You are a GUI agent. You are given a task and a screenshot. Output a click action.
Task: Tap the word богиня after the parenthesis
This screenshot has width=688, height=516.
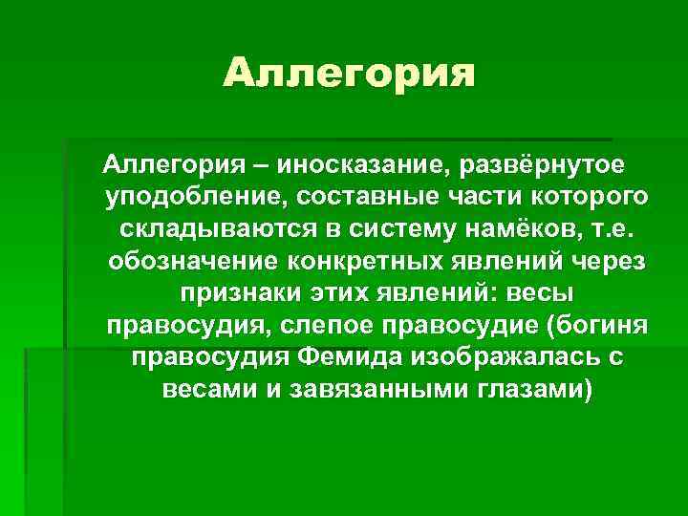601,326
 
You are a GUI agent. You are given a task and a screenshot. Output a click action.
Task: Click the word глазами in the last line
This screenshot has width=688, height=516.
529,390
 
